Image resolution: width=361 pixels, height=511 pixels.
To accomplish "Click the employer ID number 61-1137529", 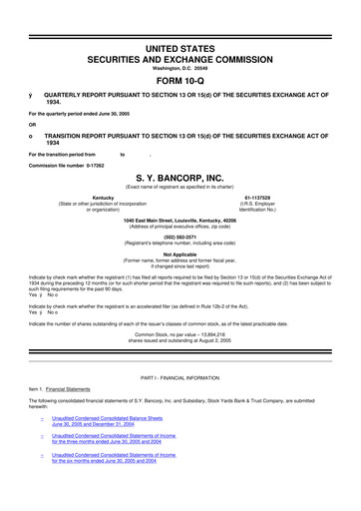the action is pyautogui.click(x=258, y=198).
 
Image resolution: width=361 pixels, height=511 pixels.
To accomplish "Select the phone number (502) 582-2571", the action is pyautogui.click(x=180, y=236).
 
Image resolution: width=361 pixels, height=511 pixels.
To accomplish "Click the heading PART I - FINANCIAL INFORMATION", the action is pyautogui.click(x=180, y=402).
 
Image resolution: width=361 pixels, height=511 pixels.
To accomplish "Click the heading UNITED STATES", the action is pyautogui.click(x=180, y=19).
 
